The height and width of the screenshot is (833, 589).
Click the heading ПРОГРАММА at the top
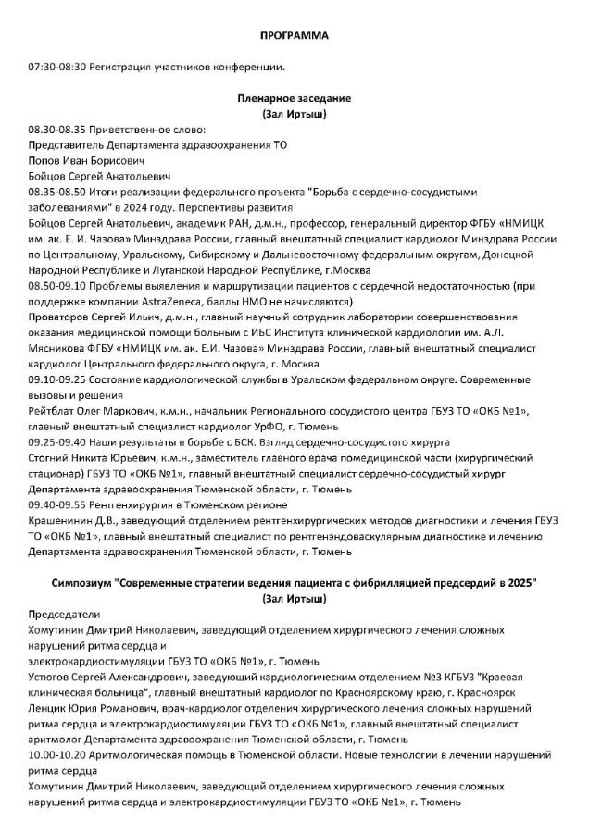(x=294, y=35)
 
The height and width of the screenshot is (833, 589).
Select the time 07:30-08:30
(x=57, y=67)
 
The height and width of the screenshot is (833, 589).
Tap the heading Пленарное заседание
(x=294, y=98)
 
